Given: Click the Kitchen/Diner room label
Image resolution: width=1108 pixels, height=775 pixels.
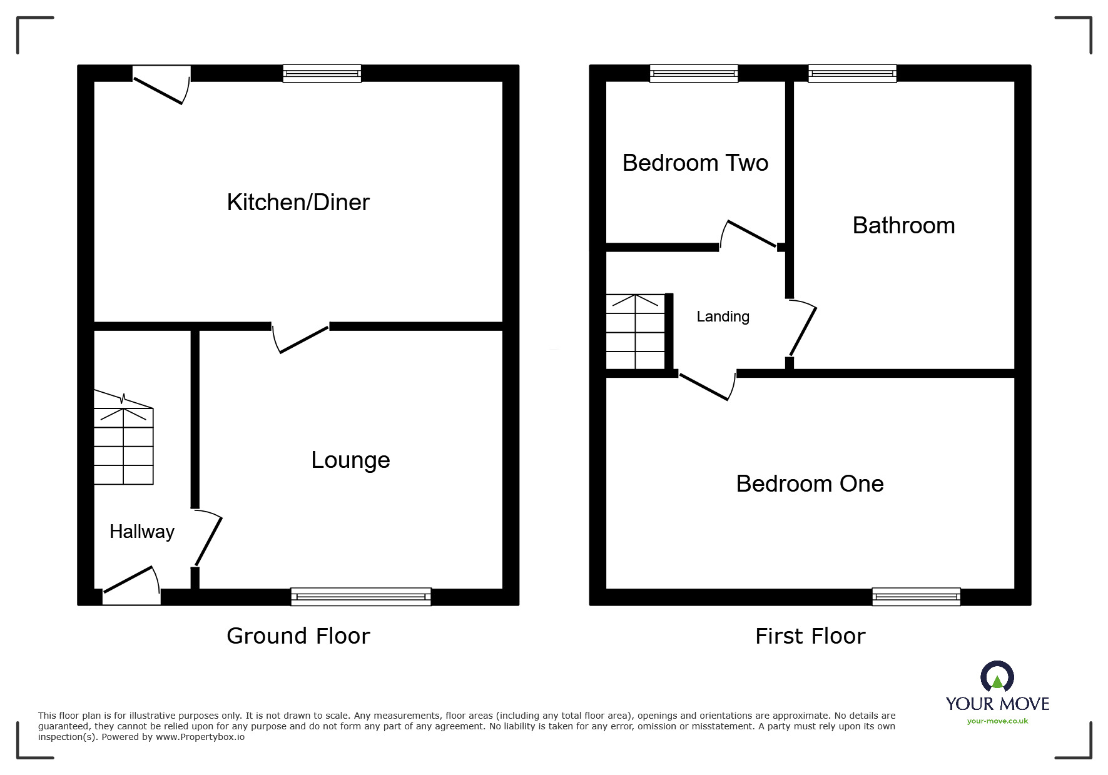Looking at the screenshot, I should coord(298,202).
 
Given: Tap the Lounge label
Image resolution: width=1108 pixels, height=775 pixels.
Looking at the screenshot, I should coord(350,460).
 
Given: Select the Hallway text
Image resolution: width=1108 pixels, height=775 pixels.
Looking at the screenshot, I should coord(142,532).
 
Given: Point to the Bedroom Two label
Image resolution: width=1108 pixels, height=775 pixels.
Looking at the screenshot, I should coord(695,163).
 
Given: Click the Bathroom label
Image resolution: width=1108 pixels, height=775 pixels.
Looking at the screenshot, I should coord(903,225).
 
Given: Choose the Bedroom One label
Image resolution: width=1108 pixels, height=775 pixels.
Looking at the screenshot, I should coord(810,484).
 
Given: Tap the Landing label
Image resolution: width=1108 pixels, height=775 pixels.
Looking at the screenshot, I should coord(723,317).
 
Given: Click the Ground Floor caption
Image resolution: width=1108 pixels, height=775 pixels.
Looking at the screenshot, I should coord(298,636).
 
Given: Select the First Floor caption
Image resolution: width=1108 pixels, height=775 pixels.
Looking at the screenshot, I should coord(810,636).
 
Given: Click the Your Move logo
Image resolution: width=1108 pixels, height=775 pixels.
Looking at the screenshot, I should coord(997,688).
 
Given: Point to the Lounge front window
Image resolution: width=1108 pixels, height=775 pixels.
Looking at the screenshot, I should coord(361,597).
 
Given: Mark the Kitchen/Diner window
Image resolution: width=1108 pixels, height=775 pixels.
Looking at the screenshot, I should coord(322,73).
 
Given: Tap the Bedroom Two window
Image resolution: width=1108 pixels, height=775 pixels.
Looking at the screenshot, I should coord(694,73).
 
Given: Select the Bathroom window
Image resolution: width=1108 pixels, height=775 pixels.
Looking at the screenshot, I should coord(852,73).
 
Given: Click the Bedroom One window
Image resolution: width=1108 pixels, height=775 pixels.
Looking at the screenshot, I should coord(916,597).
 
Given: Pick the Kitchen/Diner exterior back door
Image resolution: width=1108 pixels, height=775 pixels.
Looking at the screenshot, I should coord(161,84).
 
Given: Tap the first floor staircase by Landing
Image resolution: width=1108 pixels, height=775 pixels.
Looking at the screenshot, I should coord(636,332).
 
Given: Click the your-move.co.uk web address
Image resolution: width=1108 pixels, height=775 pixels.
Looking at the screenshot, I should coord(997,721).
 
